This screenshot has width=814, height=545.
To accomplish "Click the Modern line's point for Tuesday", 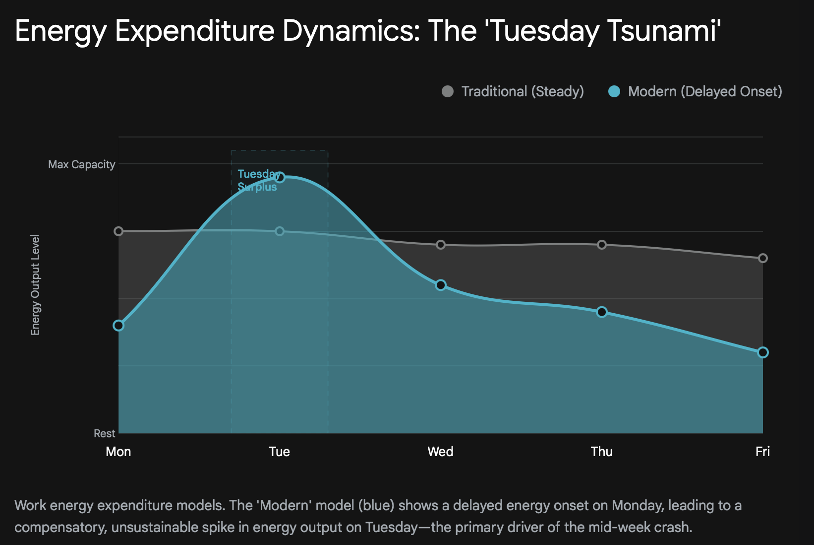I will (x=280, y=177).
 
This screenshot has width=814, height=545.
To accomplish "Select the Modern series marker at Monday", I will (x=118, y=326).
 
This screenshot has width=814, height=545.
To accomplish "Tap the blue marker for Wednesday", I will (x=441, y=285).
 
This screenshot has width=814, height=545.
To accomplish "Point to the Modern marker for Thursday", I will (x=602, y=312).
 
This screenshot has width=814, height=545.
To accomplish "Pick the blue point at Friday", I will (x=763, y=352).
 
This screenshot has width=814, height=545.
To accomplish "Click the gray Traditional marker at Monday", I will (x=118, y=231).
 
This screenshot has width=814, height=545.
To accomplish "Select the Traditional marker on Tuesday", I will (x=280, y=231).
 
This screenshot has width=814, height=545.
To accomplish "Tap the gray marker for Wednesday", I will (x=441, y=245).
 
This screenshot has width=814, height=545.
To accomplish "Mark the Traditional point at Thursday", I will (x=602, y=245).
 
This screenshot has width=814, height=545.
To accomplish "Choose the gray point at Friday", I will (x=763, y=258).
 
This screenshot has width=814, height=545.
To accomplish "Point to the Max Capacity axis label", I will (x=82, y=164).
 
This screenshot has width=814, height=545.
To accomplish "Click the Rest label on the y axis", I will (x=105, y=433).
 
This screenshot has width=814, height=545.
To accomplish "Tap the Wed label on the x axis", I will (x=440, y=451).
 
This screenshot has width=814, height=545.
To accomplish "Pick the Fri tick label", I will (x=762, y=451).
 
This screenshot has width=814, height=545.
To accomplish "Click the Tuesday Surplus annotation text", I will (x=257, y=180).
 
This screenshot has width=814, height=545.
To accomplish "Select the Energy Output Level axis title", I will (x=35, y=285).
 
